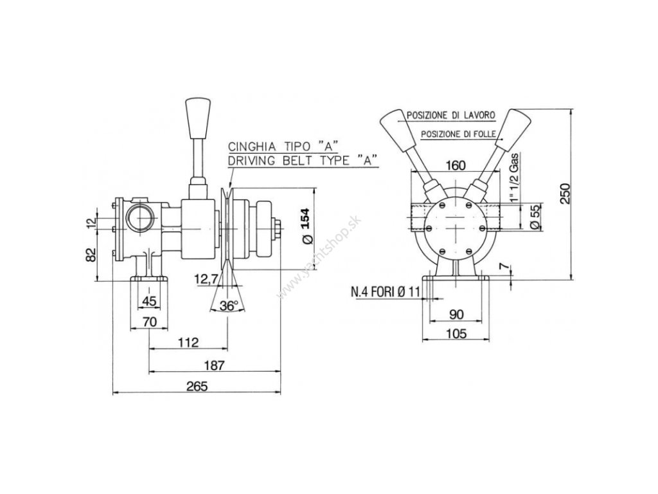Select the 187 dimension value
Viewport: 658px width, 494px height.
[x=215, y=365]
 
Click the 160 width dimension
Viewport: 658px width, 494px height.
[x=455, y=166]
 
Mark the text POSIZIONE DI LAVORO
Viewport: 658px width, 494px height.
[x=449, y=116]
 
